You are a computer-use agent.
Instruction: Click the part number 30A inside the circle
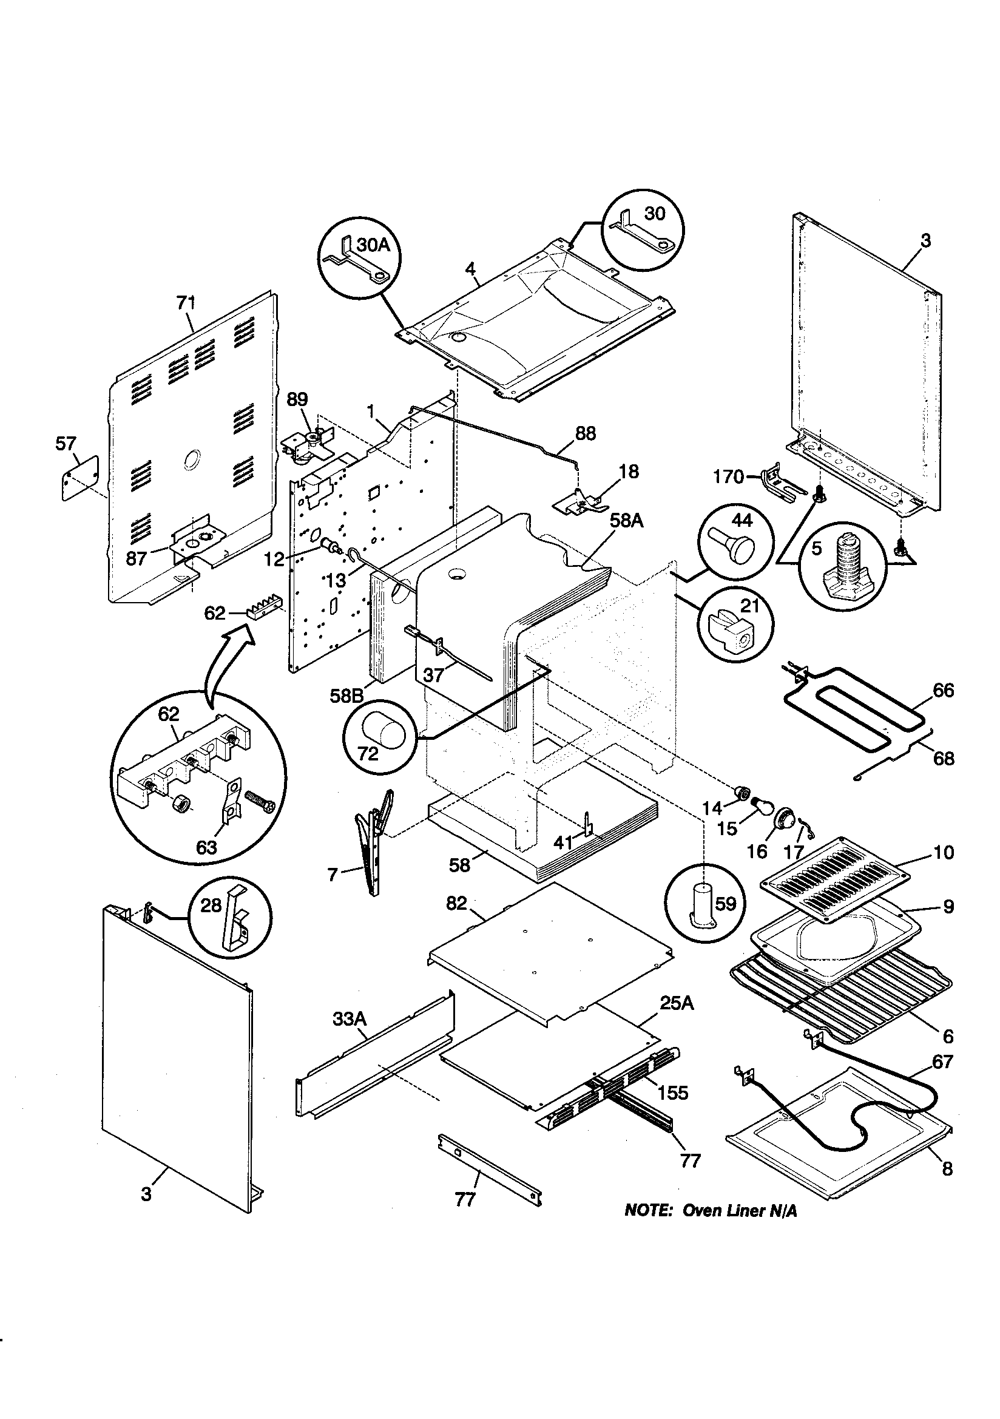tap(374, 245)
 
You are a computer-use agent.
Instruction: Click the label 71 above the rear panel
tap(186, 302)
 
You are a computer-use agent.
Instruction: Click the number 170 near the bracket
tap(728, 476)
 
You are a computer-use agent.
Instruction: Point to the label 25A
tap(677, 1003)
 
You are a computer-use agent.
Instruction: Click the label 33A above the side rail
tap(350, 1018)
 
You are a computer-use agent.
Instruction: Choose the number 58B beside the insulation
tap(346, 696)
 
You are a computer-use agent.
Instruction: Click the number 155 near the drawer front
tap(672, 1092)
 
